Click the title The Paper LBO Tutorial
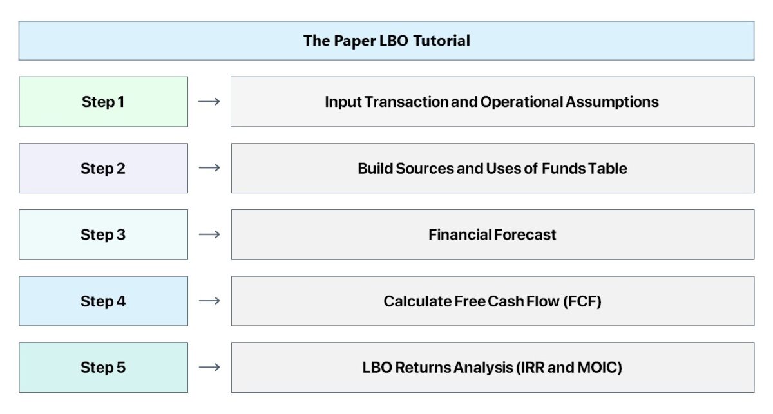click(x=386, y=41)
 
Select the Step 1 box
click(x=103, y=102)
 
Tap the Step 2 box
click(x=103, y=168)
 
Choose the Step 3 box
click(x=103, y=234)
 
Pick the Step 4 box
click(x=103, y=301)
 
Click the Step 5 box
click(x=103, y=367)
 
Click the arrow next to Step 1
click(x=209, y=102)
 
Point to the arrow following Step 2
click(x=209, y=168)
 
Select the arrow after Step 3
click(x=209, y=234)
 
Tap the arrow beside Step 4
click(x=209, y=301)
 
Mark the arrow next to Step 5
click(x=209, y=367)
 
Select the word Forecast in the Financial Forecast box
click(x=524, y=234)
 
